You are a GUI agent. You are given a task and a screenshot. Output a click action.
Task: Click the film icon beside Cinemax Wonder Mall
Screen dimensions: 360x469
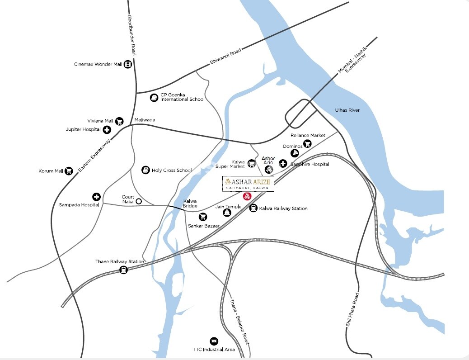(x=128, y=64)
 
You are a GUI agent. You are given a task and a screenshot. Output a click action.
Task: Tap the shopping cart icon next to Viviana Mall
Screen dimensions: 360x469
(x=119, y=121)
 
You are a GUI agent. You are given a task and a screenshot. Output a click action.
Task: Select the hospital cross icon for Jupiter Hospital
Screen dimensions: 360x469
(x=107, y=130)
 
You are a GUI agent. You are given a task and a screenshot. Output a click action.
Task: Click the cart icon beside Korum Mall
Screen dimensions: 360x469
(x=69, y=171)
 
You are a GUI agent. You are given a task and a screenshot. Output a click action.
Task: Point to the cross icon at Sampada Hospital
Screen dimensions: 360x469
(x=96, y=197)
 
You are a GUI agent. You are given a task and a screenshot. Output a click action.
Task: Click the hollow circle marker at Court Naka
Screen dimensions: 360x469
(x=139, y=201)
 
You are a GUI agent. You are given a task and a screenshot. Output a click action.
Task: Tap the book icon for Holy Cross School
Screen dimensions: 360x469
(x=145, y=170)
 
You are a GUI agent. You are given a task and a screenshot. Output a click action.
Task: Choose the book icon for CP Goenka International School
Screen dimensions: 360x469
(x=154, y=97)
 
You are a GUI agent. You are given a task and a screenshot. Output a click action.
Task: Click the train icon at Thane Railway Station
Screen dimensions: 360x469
(x=123, y=270)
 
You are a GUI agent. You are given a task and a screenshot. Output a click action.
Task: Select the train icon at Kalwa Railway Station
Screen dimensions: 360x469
(x=253, y=208)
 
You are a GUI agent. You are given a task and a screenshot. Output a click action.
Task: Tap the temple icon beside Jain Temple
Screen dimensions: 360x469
(x=226, y=213)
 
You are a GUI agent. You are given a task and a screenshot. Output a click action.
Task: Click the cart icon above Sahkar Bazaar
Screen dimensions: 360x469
(x=203, y=217)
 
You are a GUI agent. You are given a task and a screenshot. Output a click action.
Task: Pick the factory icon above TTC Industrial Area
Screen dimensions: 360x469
(x=214, y=341)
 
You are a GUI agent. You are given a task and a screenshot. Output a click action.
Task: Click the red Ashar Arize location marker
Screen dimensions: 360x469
(x=247, y=196)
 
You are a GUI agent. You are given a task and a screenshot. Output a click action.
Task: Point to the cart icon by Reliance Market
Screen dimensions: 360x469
(x=307, y=144)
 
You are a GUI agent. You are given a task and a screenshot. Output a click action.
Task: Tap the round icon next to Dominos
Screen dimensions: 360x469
(x=294, y=153)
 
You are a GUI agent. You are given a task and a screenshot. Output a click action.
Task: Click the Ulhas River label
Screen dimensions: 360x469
(x=347, y=110)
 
